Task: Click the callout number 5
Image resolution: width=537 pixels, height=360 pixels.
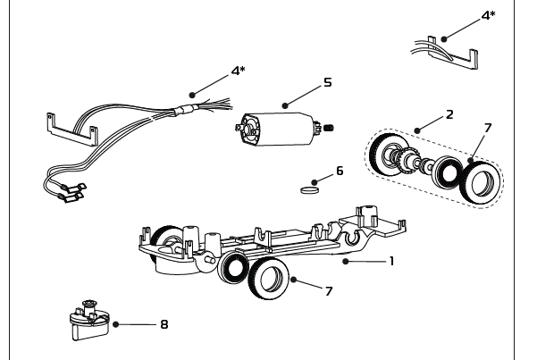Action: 328,81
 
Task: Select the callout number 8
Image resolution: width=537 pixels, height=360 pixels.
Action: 164,323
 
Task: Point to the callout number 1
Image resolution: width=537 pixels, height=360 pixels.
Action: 390,262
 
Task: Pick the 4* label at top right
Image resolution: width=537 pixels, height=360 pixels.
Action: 488,15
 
